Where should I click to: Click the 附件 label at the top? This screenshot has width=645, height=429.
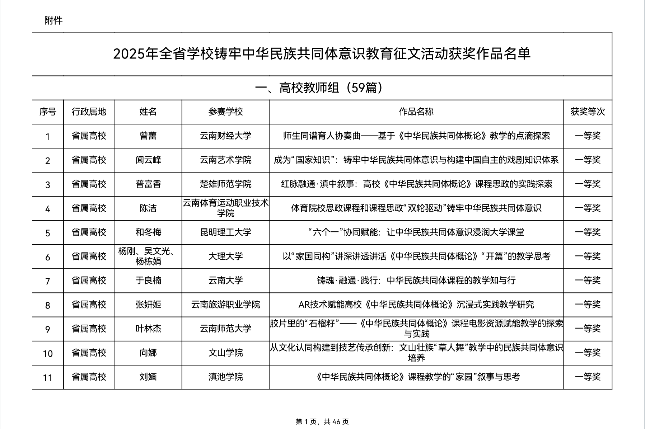[x=53, y=21]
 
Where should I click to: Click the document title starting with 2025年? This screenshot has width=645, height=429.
[x=322, y=54]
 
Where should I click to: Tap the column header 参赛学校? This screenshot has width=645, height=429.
[x=225, y=112]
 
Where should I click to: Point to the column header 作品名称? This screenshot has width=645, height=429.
[x=416, y=112]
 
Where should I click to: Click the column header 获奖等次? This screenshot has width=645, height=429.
[x=588, y=112]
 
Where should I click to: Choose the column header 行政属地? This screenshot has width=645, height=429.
[x=89, y=112]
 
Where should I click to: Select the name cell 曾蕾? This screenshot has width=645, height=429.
[x=148, y=136]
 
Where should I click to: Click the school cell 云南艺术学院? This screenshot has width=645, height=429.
[x=225, y=160]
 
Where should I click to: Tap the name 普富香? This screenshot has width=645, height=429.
[x=148, y=184]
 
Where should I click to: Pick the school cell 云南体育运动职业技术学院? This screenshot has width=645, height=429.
[x=225, y=208]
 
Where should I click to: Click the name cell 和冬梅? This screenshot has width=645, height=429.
[x=148, y=232]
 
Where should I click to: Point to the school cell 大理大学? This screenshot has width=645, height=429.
[x=225, y=256]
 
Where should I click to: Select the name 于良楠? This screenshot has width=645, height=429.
[x=148, y=280]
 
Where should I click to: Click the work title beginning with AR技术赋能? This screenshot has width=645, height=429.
[x=416, y=305]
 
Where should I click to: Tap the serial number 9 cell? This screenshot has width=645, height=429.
[x=48, y=329]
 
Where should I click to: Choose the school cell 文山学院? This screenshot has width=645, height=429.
[x=225, y=353]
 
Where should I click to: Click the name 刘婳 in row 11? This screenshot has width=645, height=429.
[x=148, y=377]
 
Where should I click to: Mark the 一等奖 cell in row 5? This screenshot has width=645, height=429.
[x=588, y=232]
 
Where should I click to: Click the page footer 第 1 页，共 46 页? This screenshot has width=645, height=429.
[x=322, y=422]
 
